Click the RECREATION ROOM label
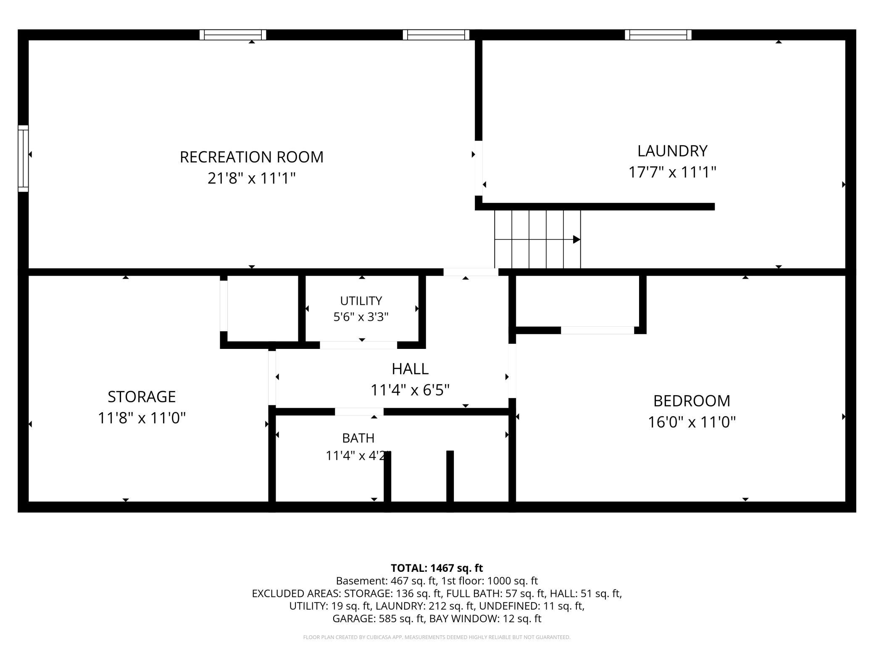[252, 157]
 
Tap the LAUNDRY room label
[672, 151]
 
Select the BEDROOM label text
[692, 401]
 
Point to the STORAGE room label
[142, 396]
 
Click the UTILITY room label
[361, 301]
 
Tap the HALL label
[410, 369]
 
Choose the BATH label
[358, 438]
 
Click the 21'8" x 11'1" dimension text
[252, 178]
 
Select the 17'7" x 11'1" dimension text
[672, 172]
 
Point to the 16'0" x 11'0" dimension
[692, 422]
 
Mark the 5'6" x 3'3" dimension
[361, 317]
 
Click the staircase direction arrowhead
[577, 239]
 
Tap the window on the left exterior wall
[23, 159]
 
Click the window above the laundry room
[658, 35]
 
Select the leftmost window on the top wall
[233, 35]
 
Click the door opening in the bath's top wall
[359, 411]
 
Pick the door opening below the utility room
[358, 345]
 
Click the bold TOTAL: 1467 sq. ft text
[437, 568]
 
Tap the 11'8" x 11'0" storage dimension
[142, 418]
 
